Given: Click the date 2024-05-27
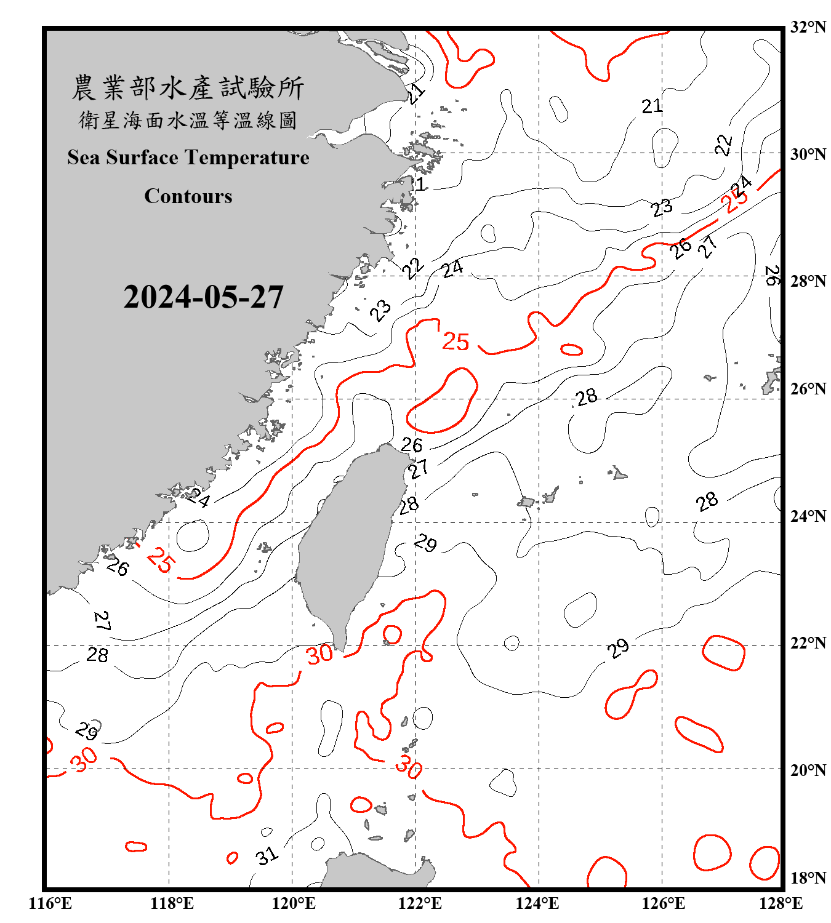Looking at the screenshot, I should coord(203,297).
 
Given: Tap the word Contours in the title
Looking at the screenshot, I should coord(188,196).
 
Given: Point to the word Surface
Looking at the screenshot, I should coord(142,158).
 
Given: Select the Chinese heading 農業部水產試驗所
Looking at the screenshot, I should coord(188,88).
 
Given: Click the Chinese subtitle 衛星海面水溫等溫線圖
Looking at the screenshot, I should coord(188,120).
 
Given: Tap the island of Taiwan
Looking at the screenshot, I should coord(348,541).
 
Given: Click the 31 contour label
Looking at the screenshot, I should coord(267,855).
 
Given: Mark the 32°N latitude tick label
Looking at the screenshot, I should coord(808,27).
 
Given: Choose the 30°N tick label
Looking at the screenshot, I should coord(808,154).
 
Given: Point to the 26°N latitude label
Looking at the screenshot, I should coord(808,389).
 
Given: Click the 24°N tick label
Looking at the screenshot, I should coord(808,516).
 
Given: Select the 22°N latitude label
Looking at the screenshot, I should coord(808,643).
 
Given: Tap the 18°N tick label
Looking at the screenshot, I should coord(808,878).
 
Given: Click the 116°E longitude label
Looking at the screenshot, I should coord(50,903).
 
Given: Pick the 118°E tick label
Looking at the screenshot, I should coord(172,903).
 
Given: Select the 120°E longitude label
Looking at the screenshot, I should coord(294,903).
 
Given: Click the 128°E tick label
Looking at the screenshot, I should coord(781,903).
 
